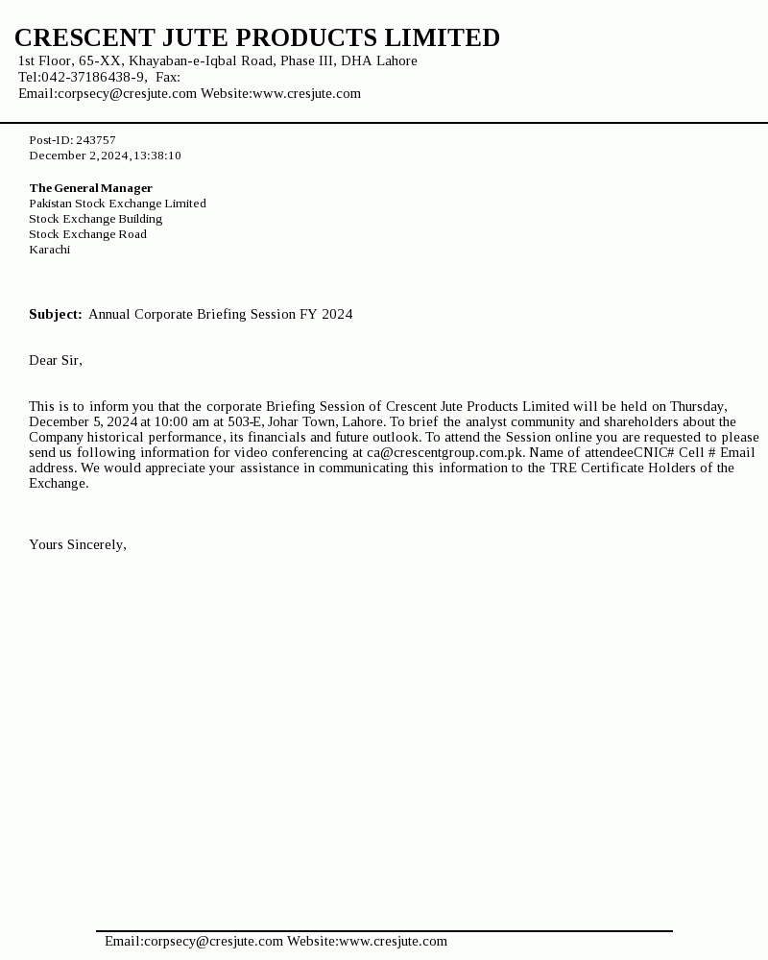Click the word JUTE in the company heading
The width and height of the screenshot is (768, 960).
pos(195,38)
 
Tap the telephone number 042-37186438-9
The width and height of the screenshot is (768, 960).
pos(93,77)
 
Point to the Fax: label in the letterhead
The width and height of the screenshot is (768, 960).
pos(168,77)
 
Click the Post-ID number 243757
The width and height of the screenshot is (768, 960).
pos(96,140)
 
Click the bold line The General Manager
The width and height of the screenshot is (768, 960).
pos(90,188)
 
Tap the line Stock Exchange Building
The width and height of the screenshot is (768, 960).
pos(95,219)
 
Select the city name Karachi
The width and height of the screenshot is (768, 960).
pos(49,250)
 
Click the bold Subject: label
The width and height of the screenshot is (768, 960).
pos(56,314)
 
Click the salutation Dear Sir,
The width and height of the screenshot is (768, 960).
pos(56,360)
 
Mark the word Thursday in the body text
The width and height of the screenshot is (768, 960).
pos(698,406)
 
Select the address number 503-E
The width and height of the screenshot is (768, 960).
pos(245,421)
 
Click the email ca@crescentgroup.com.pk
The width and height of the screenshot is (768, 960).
pos(445,452)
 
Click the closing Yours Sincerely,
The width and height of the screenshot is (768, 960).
pos(78,544)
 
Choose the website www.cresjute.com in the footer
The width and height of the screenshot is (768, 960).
pos(394,941)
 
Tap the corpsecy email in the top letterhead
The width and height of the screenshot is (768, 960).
pos(108,93)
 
